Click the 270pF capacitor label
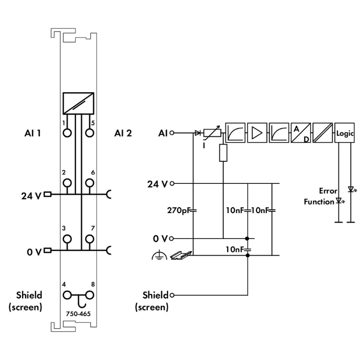click(179, 210)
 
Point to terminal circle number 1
click(67, 132)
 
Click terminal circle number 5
click(89, 132)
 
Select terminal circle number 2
click(67, 182)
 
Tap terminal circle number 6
click(89, 182)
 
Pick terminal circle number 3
click(67, 239)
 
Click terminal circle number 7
click(89, 239)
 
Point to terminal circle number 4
click(67, 295)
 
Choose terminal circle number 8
click(89, 295)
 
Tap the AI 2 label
click(123, 133)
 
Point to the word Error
click(328, 191)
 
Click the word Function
click(319, 202)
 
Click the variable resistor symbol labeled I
click(211, 133)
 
